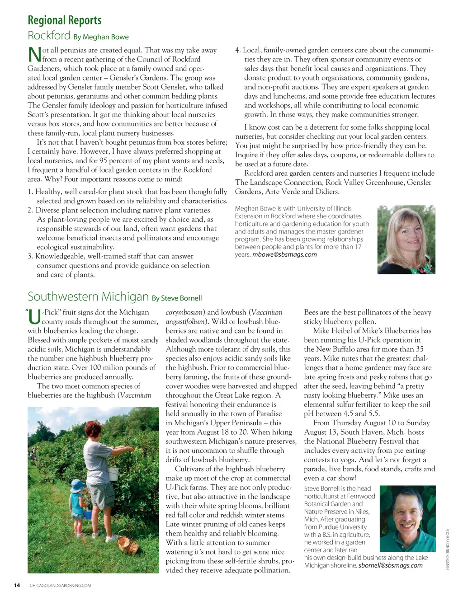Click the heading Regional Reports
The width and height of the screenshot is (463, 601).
click(x=64, y=20)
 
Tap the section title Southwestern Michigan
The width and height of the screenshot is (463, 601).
click(x=88, y=296)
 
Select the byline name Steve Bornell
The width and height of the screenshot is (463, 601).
click(x=181, y=298)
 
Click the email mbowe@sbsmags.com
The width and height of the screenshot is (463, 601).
click(x=284, y=254)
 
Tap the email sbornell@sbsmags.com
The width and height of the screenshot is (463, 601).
click(x=390, y=565)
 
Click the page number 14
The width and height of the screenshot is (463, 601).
click(x=17, y=586)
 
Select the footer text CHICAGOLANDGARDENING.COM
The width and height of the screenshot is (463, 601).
click(x=60, y=586)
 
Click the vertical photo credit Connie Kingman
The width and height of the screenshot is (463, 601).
click(x=447, y=549)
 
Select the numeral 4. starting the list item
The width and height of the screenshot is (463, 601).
click(x=238, y=50)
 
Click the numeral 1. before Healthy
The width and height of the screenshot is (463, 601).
click(x=30, y=192)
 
